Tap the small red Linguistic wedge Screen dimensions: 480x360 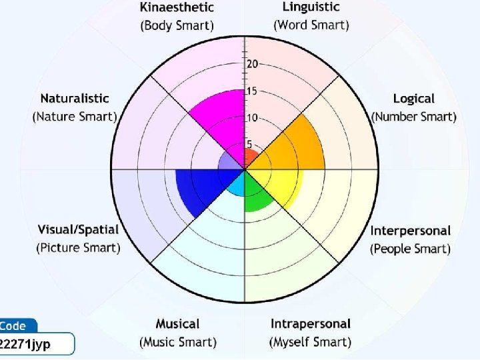tap(251, 159)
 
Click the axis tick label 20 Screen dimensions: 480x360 tap(252, 64)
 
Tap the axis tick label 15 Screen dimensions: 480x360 tap(252, 91)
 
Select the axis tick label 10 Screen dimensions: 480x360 tap(252, 118)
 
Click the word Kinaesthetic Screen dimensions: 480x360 tap(177, 8)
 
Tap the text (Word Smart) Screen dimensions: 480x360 tap(311, 25)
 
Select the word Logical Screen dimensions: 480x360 tap(413, 99)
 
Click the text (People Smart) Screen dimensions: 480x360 tap(410, 249)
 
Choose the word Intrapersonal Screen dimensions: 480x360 tap(310, 324)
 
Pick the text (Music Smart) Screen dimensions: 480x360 tap(177, 342)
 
